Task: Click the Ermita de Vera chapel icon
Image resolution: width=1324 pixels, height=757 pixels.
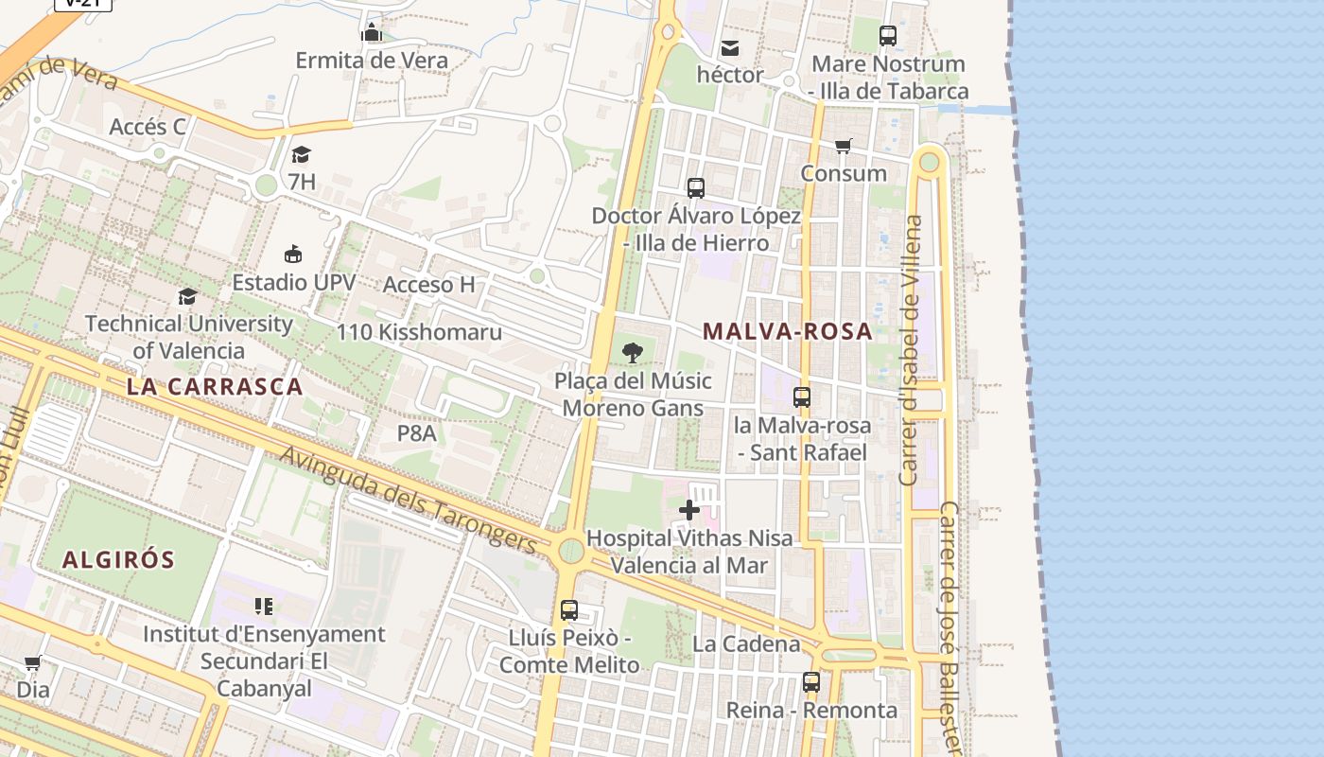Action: click(371, 33)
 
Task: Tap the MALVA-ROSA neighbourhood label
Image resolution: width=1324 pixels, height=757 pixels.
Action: click(787, 331)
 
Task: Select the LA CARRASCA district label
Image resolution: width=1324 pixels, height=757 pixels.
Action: click(215, 386)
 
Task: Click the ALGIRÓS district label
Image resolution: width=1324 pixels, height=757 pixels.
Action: click(119, 559)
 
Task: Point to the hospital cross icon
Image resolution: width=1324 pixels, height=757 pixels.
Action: click(689, 511)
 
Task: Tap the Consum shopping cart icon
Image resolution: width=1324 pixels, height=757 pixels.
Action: click(843, 146)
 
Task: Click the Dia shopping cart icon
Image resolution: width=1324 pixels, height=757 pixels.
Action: click(33, 662)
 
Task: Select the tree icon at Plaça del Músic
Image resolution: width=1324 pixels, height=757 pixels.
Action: click(633, 354)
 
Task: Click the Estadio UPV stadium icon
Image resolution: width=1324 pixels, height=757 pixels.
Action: click(293, 254)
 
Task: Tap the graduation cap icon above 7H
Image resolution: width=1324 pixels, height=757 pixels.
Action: click(301, 154)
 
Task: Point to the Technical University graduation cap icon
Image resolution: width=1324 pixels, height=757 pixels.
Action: click(187, 296)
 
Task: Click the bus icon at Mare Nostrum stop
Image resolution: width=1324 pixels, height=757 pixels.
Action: click(887, 36)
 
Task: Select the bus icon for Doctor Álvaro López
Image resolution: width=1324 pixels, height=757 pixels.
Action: click(696, 188)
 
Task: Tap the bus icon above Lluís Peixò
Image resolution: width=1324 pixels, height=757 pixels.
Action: click(568, 610)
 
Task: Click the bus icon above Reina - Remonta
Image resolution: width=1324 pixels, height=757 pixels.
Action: click(810, 681)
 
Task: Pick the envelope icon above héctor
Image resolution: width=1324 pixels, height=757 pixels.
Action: click(730, 47)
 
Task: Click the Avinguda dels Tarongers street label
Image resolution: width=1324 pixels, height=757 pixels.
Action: click(409, 499)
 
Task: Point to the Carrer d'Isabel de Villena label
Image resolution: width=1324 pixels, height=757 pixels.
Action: click(911, 350)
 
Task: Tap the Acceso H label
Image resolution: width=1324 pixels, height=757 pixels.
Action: click(428, 285)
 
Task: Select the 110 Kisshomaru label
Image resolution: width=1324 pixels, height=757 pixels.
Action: click(419, 332)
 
